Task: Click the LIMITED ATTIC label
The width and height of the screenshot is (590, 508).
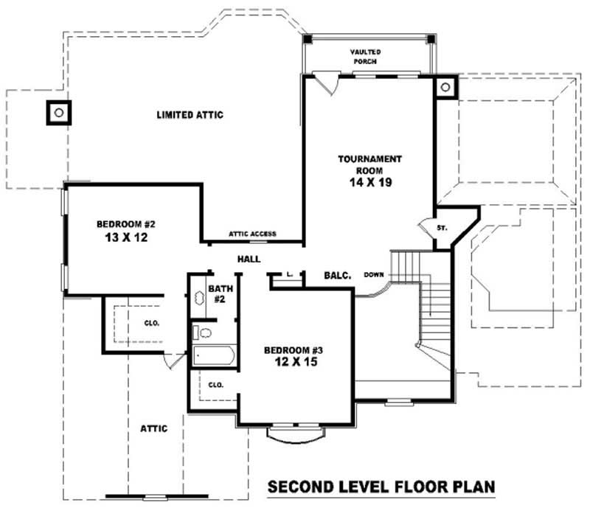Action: pyautogui.click(x=190, y=115)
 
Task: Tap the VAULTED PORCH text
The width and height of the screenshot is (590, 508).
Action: pyautogui.click(x=364, y=57)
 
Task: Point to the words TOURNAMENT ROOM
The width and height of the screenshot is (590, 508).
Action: pyautogui.click(x=369, y=164)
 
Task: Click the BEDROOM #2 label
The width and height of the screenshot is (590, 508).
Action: pyautogui.click(x=125, y=224)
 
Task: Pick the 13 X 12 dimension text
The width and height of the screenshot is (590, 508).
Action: pyautogui.click(x=125, y=239)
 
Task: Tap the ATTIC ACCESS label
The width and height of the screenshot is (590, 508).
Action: pyautogui.click(x=252, y=234)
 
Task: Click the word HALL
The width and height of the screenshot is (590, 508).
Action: pyautogui.click(x=248, y=260)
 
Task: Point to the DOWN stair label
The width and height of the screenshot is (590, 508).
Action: pyautogui.click(x=374, y=275)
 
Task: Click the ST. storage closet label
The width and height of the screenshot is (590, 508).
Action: pyautogui.click(x=442, y=228)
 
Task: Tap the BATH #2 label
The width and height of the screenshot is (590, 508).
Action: pyautogui.click(x=220, y=293)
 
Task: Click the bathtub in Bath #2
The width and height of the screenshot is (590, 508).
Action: pyautogui.click(x=213, y=356)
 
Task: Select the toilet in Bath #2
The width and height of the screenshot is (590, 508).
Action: pyautogui.click(x=203, y=333)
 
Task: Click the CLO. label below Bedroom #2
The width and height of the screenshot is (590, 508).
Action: pyautogui.click(x=152, y=323)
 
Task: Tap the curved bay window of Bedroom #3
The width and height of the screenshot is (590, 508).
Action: pyautogui.click(x=294, y=436)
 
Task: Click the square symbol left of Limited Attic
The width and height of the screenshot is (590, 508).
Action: pyautogui.click(x=58, y=112)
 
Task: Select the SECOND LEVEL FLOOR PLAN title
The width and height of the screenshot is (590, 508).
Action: pyautogui.click(x=380, y=487)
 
